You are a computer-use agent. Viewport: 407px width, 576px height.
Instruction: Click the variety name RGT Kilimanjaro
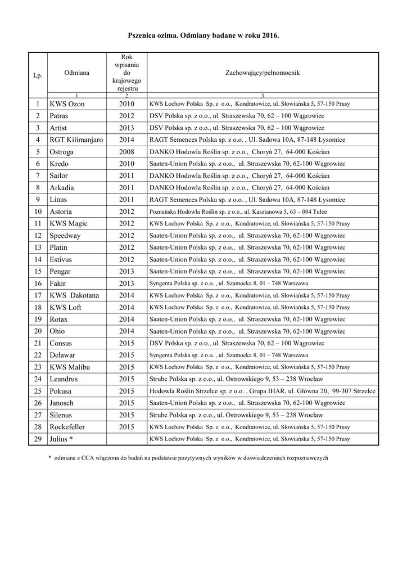[76, 139]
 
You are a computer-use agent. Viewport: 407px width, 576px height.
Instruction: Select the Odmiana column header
[76, 73]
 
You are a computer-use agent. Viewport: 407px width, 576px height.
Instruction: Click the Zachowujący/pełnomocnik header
[263, 73]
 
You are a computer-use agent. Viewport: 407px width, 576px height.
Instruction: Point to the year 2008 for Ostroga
[126, 151]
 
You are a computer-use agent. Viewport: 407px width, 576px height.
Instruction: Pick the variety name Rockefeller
[71, 426]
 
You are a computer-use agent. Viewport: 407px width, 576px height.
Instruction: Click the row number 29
[38, 439]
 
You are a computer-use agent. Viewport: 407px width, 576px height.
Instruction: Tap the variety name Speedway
[65, 235]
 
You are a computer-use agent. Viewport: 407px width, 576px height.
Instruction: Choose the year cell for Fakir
[126, 283]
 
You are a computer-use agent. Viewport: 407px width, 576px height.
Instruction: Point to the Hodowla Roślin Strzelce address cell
[263, 391]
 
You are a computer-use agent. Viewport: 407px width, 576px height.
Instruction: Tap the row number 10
[38, 211]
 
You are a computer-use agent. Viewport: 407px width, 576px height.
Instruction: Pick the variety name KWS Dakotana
[74, 295]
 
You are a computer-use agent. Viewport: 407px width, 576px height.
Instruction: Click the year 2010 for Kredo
[126, 163]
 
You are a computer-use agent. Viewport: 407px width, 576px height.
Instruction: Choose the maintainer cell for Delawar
[228, 355]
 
